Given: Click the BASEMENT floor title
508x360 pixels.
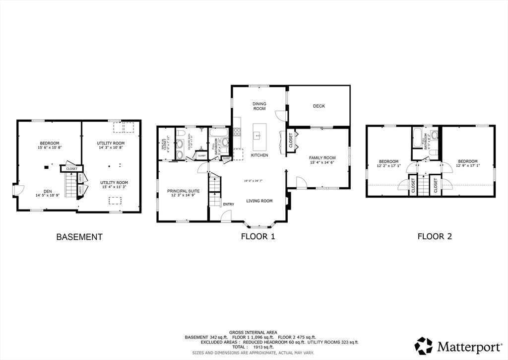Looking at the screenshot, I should pos(79,237).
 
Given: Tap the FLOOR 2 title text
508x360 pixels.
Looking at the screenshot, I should pos(434,236).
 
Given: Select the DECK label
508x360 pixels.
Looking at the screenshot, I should pos(319,106).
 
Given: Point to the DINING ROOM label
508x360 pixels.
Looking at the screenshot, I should pos(259,106).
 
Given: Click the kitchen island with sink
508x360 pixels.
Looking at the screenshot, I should pos(259,137).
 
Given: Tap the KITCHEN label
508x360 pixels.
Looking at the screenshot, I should pos(259,155).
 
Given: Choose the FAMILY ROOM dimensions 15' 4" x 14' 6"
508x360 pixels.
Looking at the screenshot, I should pos(322,162).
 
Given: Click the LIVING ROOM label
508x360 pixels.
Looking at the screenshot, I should pos(259,201).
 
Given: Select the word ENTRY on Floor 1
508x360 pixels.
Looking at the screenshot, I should pos(229,204).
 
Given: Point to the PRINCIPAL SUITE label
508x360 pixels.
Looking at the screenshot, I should pos(183,191).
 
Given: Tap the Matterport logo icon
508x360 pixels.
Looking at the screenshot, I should pos(424,346).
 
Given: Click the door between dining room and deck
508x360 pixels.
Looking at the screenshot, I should pos(282,115).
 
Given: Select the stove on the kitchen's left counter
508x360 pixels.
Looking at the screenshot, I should pos(237,132).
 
